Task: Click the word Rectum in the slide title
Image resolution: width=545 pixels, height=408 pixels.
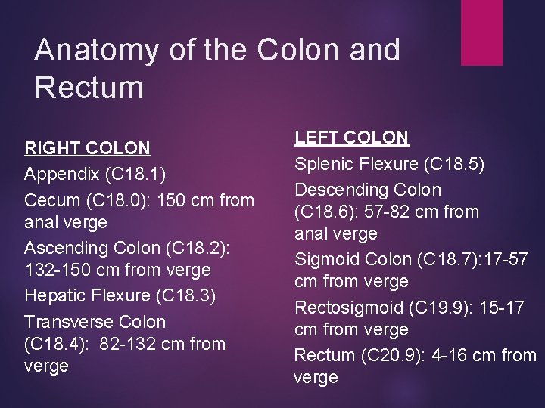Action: point(89,88)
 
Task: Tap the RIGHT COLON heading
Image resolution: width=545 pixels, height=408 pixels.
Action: point(87,147)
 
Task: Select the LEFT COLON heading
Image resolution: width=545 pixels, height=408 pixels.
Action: point(351,138)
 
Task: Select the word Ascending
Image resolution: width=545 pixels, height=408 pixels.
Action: point(63,247)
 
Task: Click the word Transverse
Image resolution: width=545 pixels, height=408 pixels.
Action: point(64,320)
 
